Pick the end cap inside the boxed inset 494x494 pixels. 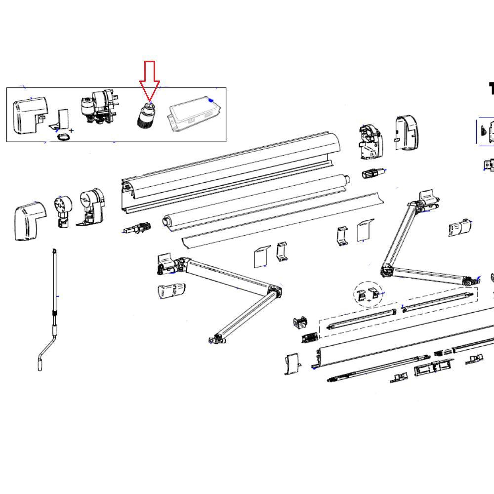30,114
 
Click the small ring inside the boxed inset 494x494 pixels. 62,136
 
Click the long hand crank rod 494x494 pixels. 54,287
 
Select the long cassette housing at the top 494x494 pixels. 227,168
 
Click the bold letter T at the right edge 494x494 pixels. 491,89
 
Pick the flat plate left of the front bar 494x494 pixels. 293,364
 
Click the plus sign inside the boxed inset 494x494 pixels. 72,131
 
